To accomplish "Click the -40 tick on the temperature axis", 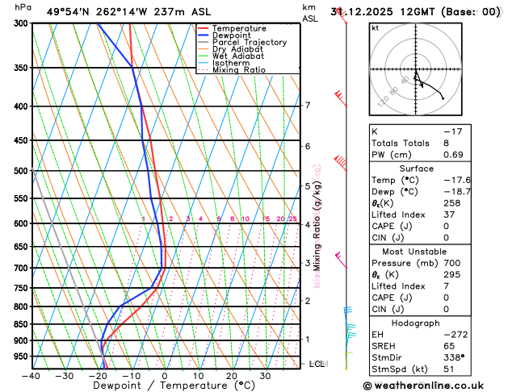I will (31, 376).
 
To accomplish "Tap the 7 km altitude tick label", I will (307, 106).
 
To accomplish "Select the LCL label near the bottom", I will (317, 365).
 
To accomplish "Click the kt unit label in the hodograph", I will (375, 27).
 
